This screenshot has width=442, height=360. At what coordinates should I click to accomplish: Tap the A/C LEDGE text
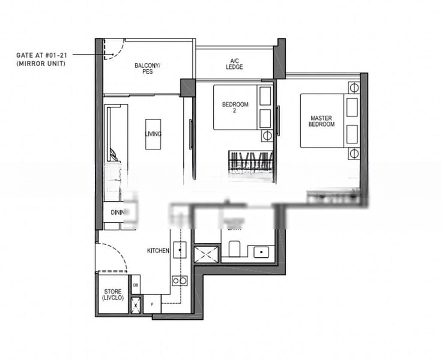click(235, 64)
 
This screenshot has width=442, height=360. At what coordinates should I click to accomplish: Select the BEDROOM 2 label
click(235, 107)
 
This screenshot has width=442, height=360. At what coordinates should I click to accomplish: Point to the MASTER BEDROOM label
click(322, 121)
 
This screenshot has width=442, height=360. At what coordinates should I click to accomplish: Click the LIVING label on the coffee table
click(153, 134)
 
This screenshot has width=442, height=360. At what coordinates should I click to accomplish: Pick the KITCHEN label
click(158, 250)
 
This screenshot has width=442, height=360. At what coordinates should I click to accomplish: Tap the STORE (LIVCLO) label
click(112, 295)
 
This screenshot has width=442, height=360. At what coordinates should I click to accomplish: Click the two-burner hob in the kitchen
click(179, 280)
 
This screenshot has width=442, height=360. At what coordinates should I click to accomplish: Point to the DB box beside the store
click(136, 285)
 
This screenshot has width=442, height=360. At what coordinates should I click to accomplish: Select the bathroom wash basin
click(261, 251)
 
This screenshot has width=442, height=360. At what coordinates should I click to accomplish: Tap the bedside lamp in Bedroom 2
click(267, 136)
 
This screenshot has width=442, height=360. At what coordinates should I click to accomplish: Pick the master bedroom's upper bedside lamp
click(353, 88)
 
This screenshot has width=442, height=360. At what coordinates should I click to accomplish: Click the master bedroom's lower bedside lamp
click(353, 154)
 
